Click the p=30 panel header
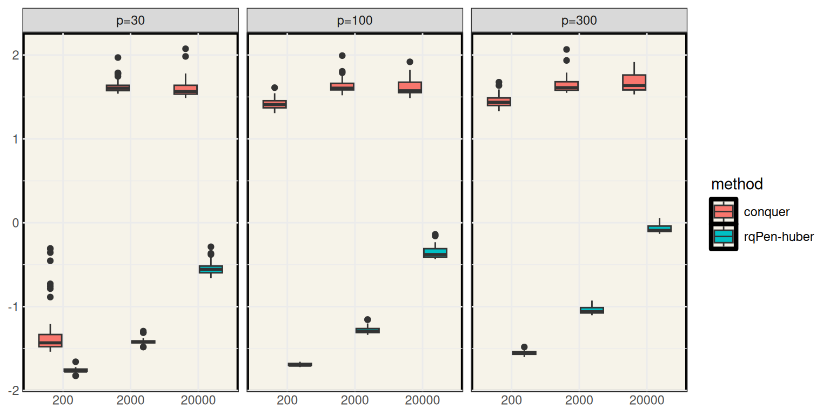pyautogui.click(x=130, y=21)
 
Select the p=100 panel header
pyautogui.click(x=354, y=21)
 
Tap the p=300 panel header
pyautogui.click(x=579, y=21)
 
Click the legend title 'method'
pyautogui.click(x=737, y=184)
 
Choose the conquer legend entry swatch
pyautogui.click(x=723, y=211)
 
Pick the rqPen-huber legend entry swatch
pyautogui.click(x=723, y=236)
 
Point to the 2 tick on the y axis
pyautogui.click(x=16, y=55)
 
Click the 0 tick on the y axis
pyautogui.click(x=16, y=223)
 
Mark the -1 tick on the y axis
pyautogui.click(x=14, y=306)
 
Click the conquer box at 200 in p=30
pyautogui.click(x=50, y=340)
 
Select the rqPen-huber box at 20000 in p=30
pyautogui.click(x=211, y=269)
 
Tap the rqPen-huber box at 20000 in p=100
pyautogui.click(x=435, y=252)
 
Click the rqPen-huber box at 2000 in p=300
pyautogui.click(x=592, y=310)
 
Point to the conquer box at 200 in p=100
pyautogui.click(x=275, y=104)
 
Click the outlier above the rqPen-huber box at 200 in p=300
pyautogui.click(x=524, y=347)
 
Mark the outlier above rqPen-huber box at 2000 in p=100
pyautogui.click(x=367, y=320)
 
